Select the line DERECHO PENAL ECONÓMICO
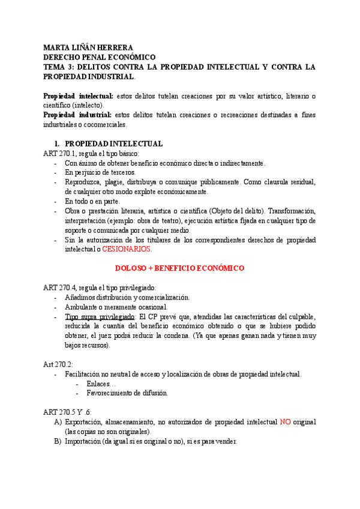(x=99, y=57)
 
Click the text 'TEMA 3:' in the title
(x=59, y=67)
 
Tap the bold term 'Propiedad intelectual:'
(x=79, y=96)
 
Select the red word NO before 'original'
(x=286, y=422)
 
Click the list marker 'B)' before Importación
(x=58, y=441)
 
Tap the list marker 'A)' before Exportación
(x=58, y=422)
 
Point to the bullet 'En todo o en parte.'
(x=92, y=201)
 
